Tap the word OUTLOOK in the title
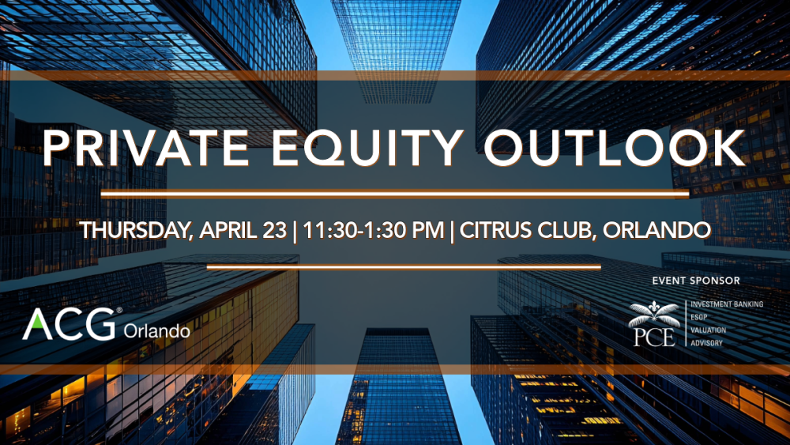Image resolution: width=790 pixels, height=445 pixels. [615, 148]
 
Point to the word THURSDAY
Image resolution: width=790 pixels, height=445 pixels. [136, 230]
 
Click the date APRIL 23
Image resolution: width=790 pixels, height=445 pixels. [243, 230]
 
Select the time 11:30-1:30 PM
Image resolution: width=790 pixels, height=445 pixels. [374, 230]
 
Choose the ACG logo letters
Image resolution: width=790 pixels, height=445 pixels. [69, 324]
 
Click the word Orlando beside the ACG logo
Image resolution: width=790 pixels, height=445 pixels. [156, 331]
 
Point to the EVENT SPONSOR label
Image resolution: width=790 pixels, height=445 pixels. [696, 281]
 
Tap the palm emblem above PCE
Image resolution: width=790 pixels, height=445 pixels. [654, 314]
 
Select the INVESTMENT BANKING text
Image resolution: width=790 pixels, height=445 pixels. [727, 304]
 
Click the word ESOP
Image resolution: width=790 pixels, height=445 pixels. [699, 317]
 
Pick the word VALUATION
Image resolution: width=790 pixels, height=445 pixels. [708, 330]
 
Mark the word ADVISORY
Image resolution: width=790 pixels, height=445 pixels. [706, 343]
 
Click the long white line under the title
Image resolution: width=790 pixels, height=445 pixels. [395, 193]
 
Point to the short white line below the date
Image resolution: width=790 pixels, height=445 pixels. [404, 267]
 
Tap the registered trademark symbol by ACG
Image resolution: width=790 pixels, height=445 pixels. [119, 311]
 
